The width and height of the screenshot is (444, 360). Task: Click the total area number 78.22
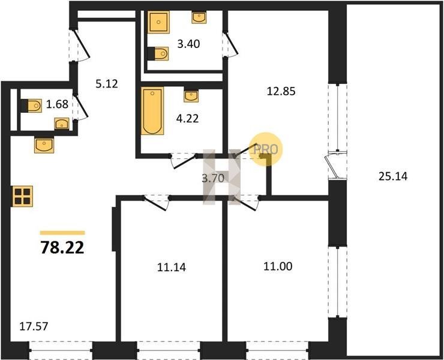(x=62, y=248)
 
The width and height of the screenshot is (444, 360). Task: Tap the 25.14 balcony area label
(x=393, y=176)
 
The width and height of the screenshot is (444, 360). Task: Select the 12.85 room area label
(x=281, y=91)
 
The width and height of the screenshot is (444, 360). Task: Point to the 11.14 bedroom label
(x=172, y=267)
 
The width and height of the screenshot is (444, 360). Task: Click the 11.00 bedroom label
(x=278, y=266)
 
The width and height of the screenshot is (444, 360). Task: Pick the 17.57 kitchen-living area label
(x=34, y=326)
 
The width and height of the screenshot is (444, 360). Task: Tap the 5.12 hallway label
(x=106, y=84)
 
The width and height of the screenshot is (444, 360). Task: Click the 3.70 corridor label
(x=213, y=178)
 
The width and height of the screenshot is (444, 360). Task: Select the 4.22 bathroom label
(x=187, y=118)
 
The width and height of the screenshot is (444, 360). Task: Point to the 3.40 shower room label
(x=188, y=44)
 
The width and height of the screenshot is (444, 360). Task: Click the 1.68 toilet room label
(x=57, y=104)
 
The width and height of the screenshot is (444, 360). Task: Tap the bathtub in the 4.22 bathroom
(x=152, y=111)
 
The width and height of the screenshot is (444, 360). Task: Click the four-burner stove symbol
(x=22, y=196)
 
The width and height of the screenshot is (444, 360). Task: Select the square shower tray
(x=158, y=22)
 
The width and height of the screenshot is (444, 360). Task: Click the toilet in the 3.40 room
(x=158, y=53)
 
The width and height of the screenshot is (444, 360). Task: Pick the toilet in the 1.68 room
(x=31, y=106)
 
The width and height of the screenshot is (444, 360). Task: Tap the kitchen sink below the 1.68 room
(x=44, y=145)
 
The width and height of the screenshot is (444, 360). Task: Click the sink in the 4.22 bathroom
(x=191, y=96)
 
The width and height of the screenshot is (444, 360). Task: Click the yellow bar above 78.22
(x=62, y=233)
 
